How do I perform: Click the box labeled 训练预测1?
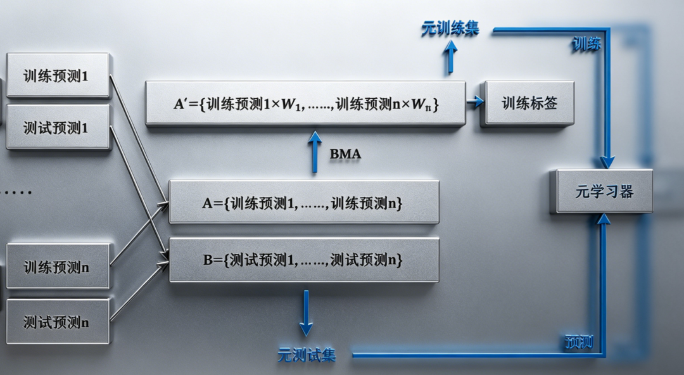(58, 75)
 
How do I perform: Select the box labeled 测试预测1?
(58, 127)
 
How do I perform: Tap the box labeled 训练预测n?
(58, 267)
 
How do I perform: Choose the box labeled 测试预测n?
(58, 321)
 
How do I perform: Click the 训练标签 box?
(528, 103)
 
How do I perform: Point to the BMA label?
(345, 154)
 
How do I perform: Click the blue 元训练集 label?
(450, 29)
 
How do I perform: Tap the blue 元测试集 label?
(307, 355)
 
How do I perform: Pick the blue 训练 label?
(586, 44)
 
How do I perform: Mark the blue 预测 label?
(578, 343)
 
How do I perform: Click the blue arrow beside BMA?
(315, 153)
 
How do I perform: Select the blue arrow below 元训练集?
(450, 57)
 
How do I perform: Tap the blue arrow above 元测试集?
(306, 314)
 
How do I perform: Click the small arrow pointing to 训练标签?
(474, 102)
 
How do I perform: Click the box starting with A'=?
(305, 103)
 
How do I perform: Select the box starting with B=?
(304, 260)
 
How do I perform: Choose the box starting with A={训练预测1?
(304, 203)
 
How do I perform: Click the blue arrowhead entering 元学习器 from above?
(607, 162)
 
